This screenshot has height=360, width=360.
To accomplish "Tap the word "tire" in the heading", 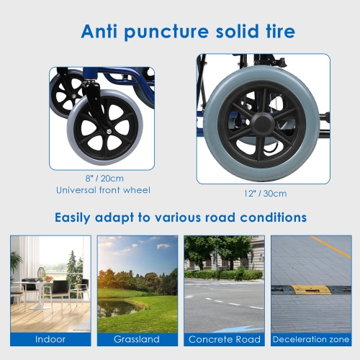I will (276, 32).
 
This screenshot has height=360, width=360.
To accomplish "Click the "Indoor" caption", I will (50, 338).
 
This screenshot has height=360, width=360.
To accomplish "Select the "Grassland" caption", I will (137, 338).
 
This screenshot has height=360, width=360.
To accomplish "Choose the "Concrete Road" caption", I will (224, 338).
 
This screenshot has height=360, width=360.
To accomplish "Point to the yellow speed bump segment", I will (311, 289).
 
